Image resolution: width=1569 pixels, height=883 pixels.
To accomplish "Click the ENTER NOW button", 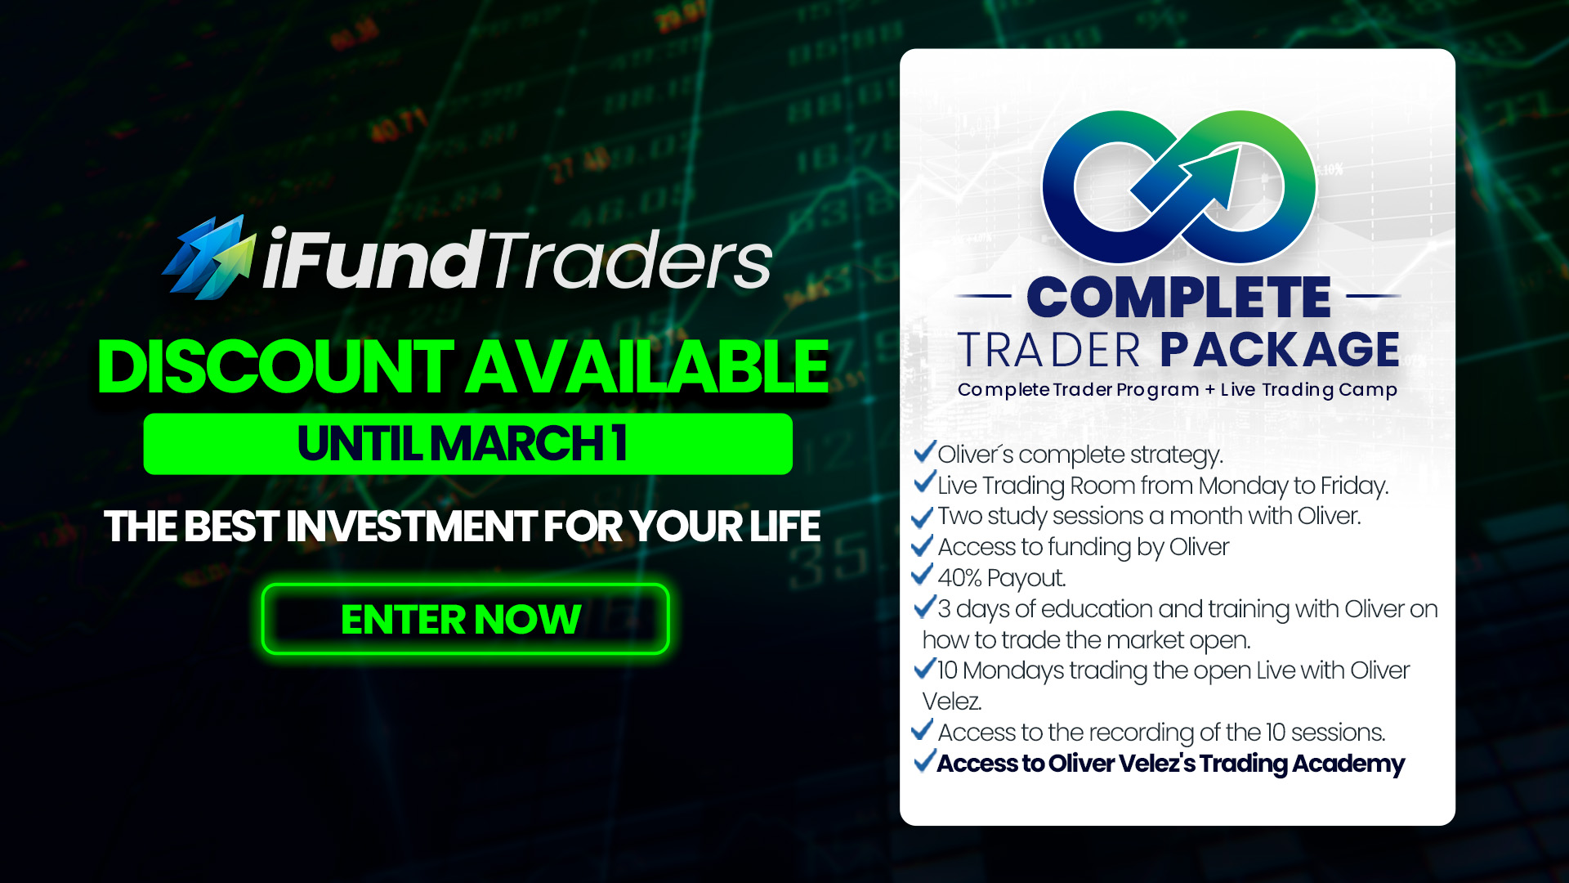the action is (465, 619).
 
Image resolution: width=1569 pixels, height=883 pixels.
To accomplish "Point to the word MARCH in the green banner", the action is (516, 443).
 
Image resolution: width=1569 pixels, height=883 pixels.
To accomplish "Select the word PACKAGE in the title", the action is (1280, 349).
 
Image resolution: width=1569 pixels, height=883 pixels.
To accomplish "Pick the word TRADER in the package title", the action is (1048, 350).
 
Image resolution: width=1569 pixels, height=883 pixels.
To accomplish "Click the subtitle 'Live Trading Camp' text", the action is (1309, 390).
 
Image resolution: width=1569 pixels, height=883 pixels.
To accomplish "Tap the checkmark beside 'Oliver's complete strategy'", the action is (924, 451).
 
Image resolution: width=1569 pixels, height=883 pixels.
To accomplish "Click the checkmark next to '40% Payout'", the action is (922, 575).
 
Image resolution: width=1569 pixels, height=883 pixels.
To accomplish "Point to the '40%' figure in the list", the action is (959, 578).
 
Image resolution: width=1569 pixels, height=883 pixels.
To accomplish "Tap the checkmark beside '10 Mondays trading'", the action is (924, 668).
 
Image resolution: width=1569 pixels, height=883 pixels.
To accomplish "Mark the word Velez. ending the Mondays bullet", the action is (952, 701).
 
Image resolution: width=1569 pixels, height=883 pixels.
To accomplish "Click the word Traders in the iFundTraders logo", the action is (631, 259).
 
